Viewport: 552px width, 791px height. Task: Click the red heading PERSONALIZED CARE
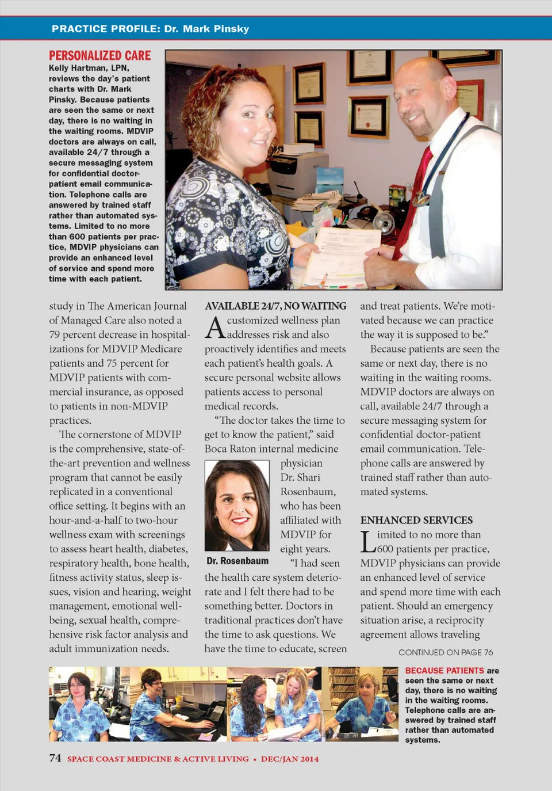click(x=100, y=56)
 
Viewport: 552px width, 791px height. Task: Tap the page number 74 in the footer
click(x=55, y=758)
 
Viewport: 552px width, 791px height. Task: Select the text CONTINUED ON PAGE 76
click(x=446, y=652)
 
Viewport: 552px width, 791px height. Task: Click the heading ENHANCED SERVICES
click(x=416, y=520)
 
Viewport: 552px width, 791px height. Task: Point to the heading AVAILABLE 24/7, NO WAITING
click(x=275, y=306)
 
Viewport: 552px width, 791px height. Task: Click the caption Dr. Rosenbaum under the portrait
click(x=237, y=561)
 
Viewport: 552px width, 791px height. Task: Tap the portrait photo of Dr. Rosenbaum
click(x=237, y=505)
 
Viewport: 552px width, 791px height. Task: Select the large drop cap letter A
click(x=215, y=328)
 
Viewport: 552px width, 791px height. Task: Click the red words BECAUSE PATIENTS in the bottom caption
click(x=444, y=671)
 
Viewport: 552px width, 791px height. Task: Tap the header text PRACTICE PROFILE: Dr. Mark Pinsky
click(x=150, y=29)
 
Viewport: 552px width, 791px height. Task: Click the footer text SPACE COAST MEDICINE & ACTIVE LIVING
click(x=158, y=759)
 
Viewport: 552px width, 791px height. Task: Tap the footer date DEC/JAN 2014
click(x=290, y=759)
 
